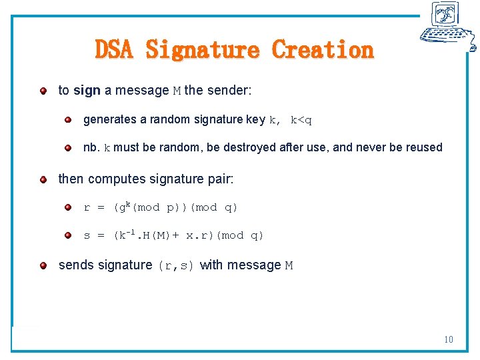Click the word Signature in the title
[x=202, y=49]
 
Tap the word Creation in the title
[x=323, y=49]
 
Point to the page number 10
[x=449, y=340]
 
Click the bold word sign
[x=87, y=90]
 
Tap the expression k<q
[x=301, y=121]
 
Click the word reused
[x=424, y=147]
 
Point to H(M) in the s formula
[x=154, y=235]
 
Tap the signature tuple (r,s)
[x=176, y=266]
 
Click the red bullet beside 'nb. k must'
[x=68, y=147]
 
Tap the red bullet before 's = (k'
[x=68, y=235]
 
